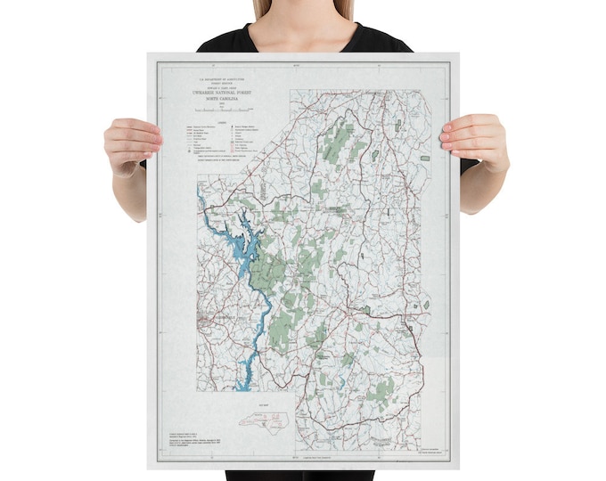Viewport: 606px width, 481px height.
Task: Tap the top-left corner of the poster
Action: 148,54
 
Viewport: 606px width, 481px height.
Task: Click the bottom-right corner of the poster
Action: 456,469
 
